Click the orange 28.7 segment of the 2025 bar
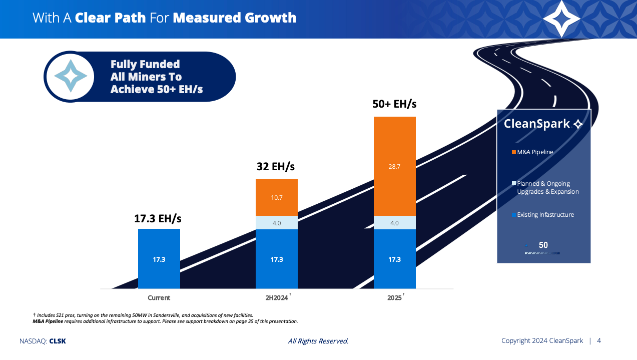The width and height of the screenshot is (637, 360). pos(394,166)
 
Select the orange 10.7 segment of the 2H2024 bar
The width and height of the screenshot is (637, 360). pos(277,197)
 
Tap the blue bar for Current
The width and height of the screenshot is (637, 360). pos(159,259)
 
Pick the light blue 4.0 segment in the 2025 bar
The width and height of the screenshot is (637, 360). pos(394,223)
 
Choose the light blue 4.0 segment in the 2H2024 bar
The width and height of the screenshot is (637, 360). pos(277,223)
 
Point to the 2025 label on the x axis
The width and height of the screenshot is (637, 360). pos(394,298)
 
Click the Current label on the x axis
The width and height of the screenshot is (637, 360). pos(159,298)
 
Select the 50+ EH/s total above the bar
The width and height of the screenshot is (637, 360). pos(394,104)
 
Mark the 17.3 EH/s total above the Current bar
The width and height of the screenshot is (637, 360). pos(158,219)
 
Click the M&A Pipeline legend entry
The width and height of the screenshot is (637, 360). pos(535,152)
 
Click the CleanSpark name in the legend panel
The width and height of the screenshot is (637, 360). pos(537,124)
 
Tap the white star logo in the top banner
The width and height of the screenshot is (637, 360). pos(561,19)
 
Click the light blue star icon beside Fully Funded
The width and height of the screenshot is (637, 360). pos(71,76)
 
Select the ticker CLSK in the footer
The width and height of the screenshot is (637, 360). pos(58,341)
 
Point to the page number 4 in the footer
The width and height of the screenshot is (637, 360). pos(599,341)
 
